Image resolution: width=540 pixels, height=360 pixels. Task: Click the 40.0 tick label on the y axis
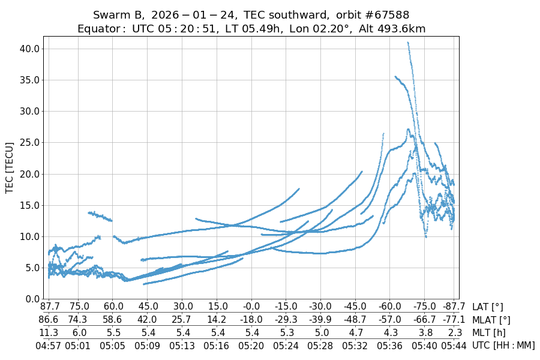(28, 49)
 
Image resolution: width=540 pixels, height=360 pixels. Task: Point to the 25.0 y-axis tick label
(28, 142)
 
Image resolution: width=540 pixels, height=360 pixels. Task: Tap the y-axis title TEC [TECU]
(10, 167)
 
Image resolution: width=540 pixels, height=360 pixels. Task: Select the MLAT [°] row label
(491, 320)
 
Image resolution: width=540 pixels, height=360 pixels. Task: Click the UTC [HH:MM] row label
(503, 345)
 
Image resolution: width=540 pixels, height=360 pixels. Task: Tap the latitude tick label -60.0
(390, 307)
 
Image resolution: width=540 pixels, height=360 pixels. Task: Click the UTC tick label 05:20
(251, 345)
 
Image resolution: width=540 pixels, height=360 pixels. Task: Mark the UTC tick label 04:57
(49, 345)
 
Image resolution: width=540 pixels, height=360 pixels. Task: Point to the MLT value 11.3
(49, 332)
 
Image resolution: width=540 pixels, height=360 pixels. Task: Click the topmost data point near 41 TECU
(408, 43)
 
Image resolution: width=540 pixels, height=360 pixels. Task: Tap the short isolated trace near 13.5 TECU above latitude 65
(100, 216)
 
